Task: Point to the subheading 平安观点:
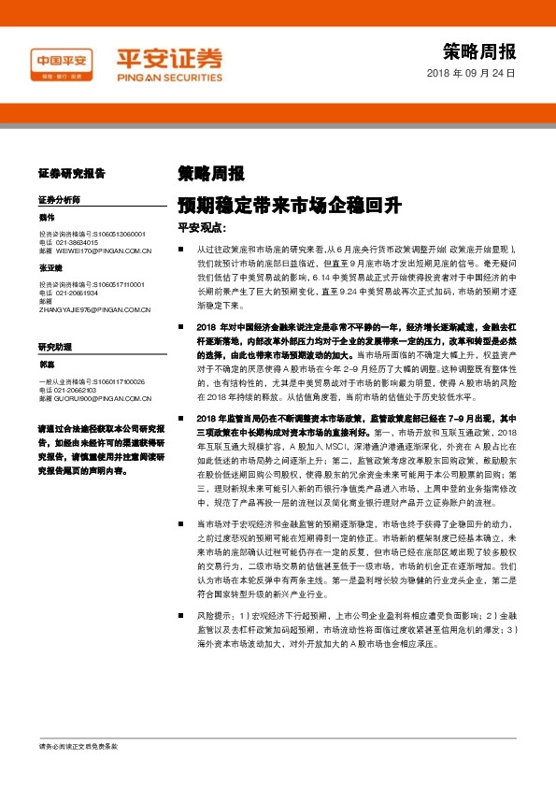203,227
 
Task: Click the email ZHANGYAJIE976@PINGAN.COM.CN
94,309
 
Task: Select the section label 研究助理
55,347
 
